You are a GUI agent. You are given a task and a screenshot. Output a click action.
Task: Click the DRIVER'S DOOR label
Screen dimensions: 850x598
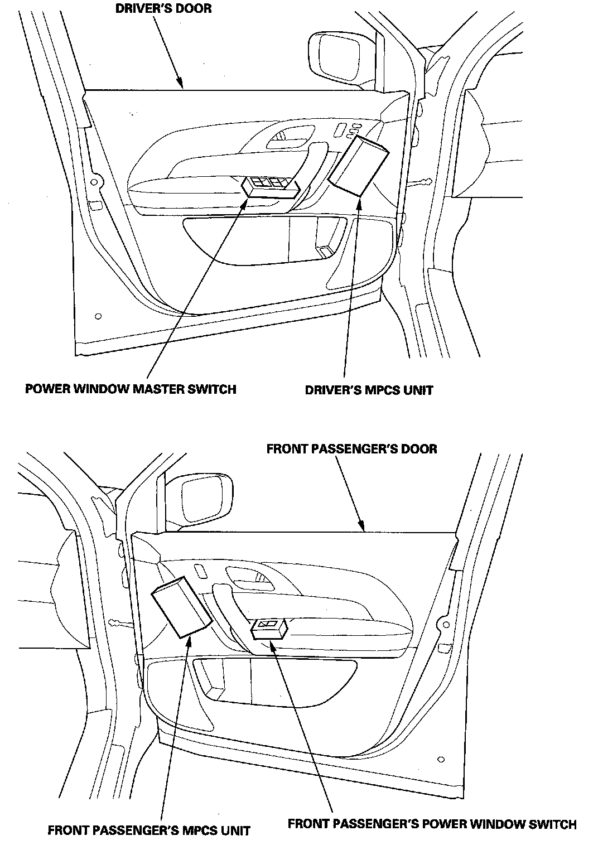[x=163, y=9]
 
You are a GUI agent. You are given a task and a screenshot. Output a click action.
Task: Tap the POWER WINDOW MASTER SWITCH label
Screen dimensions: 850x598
[x=131, y=389]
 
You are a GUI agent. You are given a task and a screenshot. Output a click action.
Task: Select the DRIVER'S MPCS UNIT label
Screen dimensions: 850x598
[x=369, y=390]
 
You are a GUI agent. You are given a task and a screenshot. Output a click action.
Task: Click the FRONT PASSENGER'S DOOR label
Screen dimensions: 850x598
[x=351, y=449]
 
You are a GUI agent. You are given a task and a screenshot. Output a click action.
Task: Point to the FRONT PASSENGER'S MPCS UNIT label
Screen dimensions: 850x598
[x=149, y=830]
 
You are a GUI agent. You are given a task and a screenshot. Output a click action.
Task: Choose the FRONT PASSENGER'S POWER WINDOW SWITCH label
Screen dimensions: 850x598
[x=432, y=824]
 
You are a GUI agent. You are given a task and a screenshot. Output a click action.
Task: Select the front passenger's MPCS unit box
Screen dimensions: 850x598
[x=181, y=607]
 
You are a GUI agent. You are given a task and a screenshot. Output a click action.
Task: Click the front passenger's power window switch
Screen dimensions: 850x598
[x=269, y=628]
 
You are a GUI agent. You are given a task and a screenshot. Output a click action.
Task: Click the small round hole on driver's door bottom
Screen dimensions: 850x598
[x=98, y=316]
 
